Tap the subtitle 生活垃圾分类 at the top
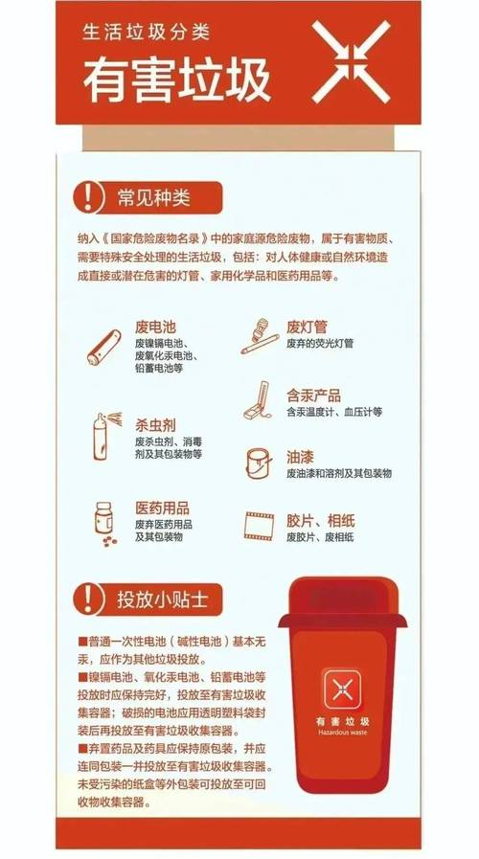click(145, 33)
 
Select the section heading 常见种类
click(153, 198)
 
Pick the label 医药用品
click(161, 508)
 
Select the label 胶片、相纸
click(320, 521)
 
